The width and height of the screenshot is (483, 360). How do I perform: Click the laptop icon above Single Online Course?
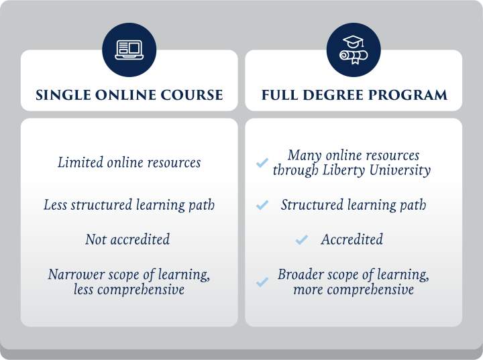[x=129, y=50]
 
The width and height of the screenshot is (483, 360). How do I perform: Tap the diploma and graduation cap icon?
[x=353, y=50]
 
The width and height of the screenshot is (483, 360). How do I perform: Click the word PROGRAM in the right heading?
[x=410, y=95]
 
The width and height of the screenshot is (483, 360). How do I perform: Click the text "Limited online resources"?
[x=129, y=162]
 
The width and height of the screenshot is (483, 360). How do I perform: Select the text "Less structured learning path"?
[x=129, y=205]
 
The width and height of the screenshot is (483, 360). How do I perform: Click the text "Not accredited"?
[x=127, y=239]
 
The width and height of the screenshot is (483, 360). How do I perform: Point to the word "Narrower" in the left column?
[x=74, y=274]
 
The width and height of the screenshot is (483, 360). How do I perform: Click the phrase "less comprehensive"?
[x=129, y=290]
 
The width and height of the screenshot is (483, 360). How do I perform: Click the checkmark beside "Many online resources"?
[x=262, y=163]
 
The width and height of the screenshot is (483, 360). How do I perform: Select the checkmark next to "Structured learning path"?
[x=262, y=205]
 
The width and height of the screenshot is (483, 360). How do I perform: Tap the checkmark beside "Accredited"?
[x=302, y=239]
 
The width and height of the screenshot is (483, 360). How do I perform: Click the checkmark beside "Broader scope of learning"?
[x=262, y=282]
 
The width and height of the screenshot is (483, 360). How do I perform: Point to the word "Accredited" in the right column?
[x=352, y=239]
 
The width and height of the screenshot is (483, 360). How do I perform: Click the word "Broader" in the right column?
[x=301, y=275]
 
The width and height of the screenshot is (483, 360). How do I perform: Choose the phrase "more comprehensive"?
[x=354, y=290]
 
